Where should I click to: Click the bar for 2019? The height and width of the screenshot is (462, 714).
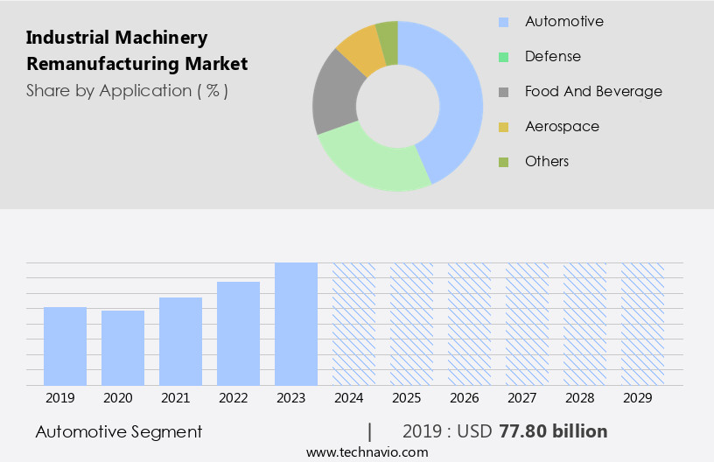tap(65, 346)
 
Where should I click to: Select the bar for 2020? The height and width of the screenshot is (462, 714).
tap(122, 347)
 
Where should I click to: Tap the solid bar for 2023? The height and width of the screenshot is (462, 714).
tap(296, 324)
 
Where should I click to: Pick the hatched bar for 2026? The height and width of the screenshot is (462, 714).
tap(469, 324)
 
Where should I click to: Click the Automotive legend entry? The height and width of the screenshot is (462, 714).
tap(563, 21)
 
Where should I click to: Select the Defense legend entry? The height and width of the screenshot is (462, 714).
tap(552, 56)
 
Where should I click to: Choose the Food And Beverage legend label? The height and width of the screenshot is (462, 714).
tap(592, 91)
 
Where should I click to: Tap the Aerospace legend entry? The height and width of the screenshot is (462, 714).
tap(562, 126)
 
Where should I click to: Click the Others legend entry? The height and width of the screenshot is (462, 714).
tap(546, 161)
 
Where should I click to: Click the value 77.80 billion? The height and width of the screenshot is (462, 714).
tap(553, 431)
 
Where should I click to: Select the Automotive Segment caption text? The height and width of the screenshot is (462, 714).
tap(119, 431)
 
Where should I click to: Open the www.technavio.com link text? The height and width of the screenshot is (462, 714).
tap(367, 451)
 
